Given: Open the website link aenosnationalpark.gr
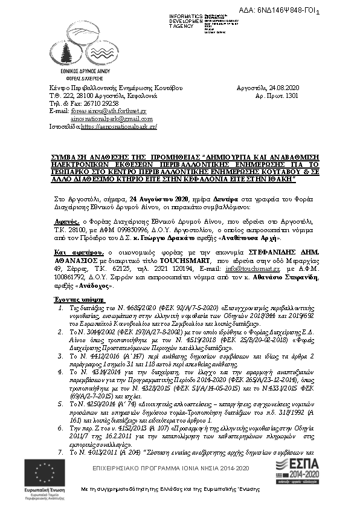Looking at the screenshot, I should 118,127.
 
